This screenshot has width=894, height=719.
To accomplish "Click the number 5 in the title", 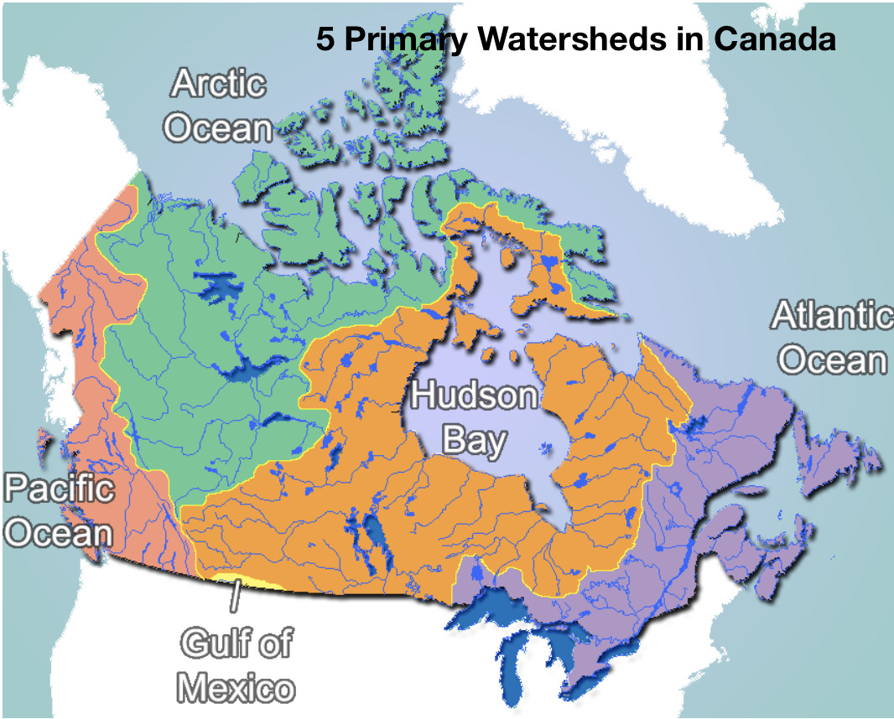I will [x=325, y=39].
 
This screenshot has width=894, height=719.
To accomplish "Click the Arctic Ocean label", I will [x=218, y=106].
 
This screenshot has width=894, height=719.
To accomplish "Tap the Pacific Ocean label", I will [x=59, y=510].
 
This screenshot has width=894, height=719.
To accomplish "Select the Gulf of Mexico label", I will [x=238, y=665].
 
